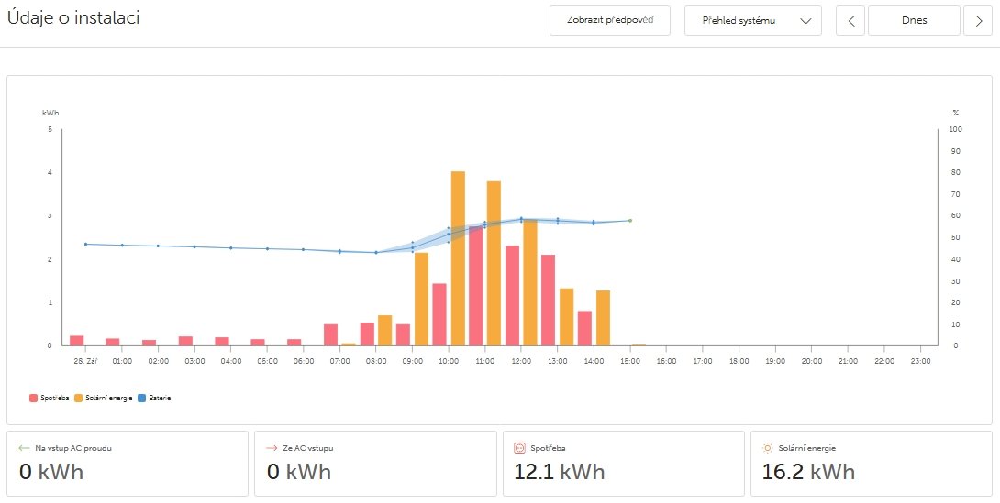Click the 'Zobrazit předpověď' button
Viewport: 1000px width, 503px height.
[610, 20]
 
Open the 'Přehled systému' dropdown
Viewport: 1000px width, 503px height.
[752, 20]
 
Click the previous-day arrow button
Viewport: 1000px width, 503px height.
[850, 20]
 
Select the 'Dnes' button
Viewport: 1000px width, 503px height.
[914, 20]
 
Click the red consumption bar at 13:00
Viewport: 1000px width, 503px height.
[549, 301]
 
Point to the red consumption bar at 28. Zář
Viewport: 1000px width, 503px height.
[77, 341]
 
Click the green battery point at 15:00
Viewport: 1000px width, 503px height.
[630, 221]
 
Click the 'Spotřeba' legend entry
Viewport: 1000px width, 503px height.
[50, 399]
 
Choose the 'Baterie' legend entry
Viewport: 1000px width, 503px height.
[155, 399]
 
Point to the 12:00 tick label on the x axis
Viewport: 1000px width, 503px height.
[521, 361]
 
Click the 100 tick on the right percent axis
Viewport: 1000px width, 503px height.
[955, 129]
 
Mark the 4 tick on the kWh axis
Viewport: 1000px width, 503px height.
[50, 172]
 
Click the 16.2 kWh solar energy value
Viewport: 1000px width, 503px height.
[808, 472]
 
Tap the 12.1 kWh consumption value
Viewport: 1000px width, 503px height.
[560, 472]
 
